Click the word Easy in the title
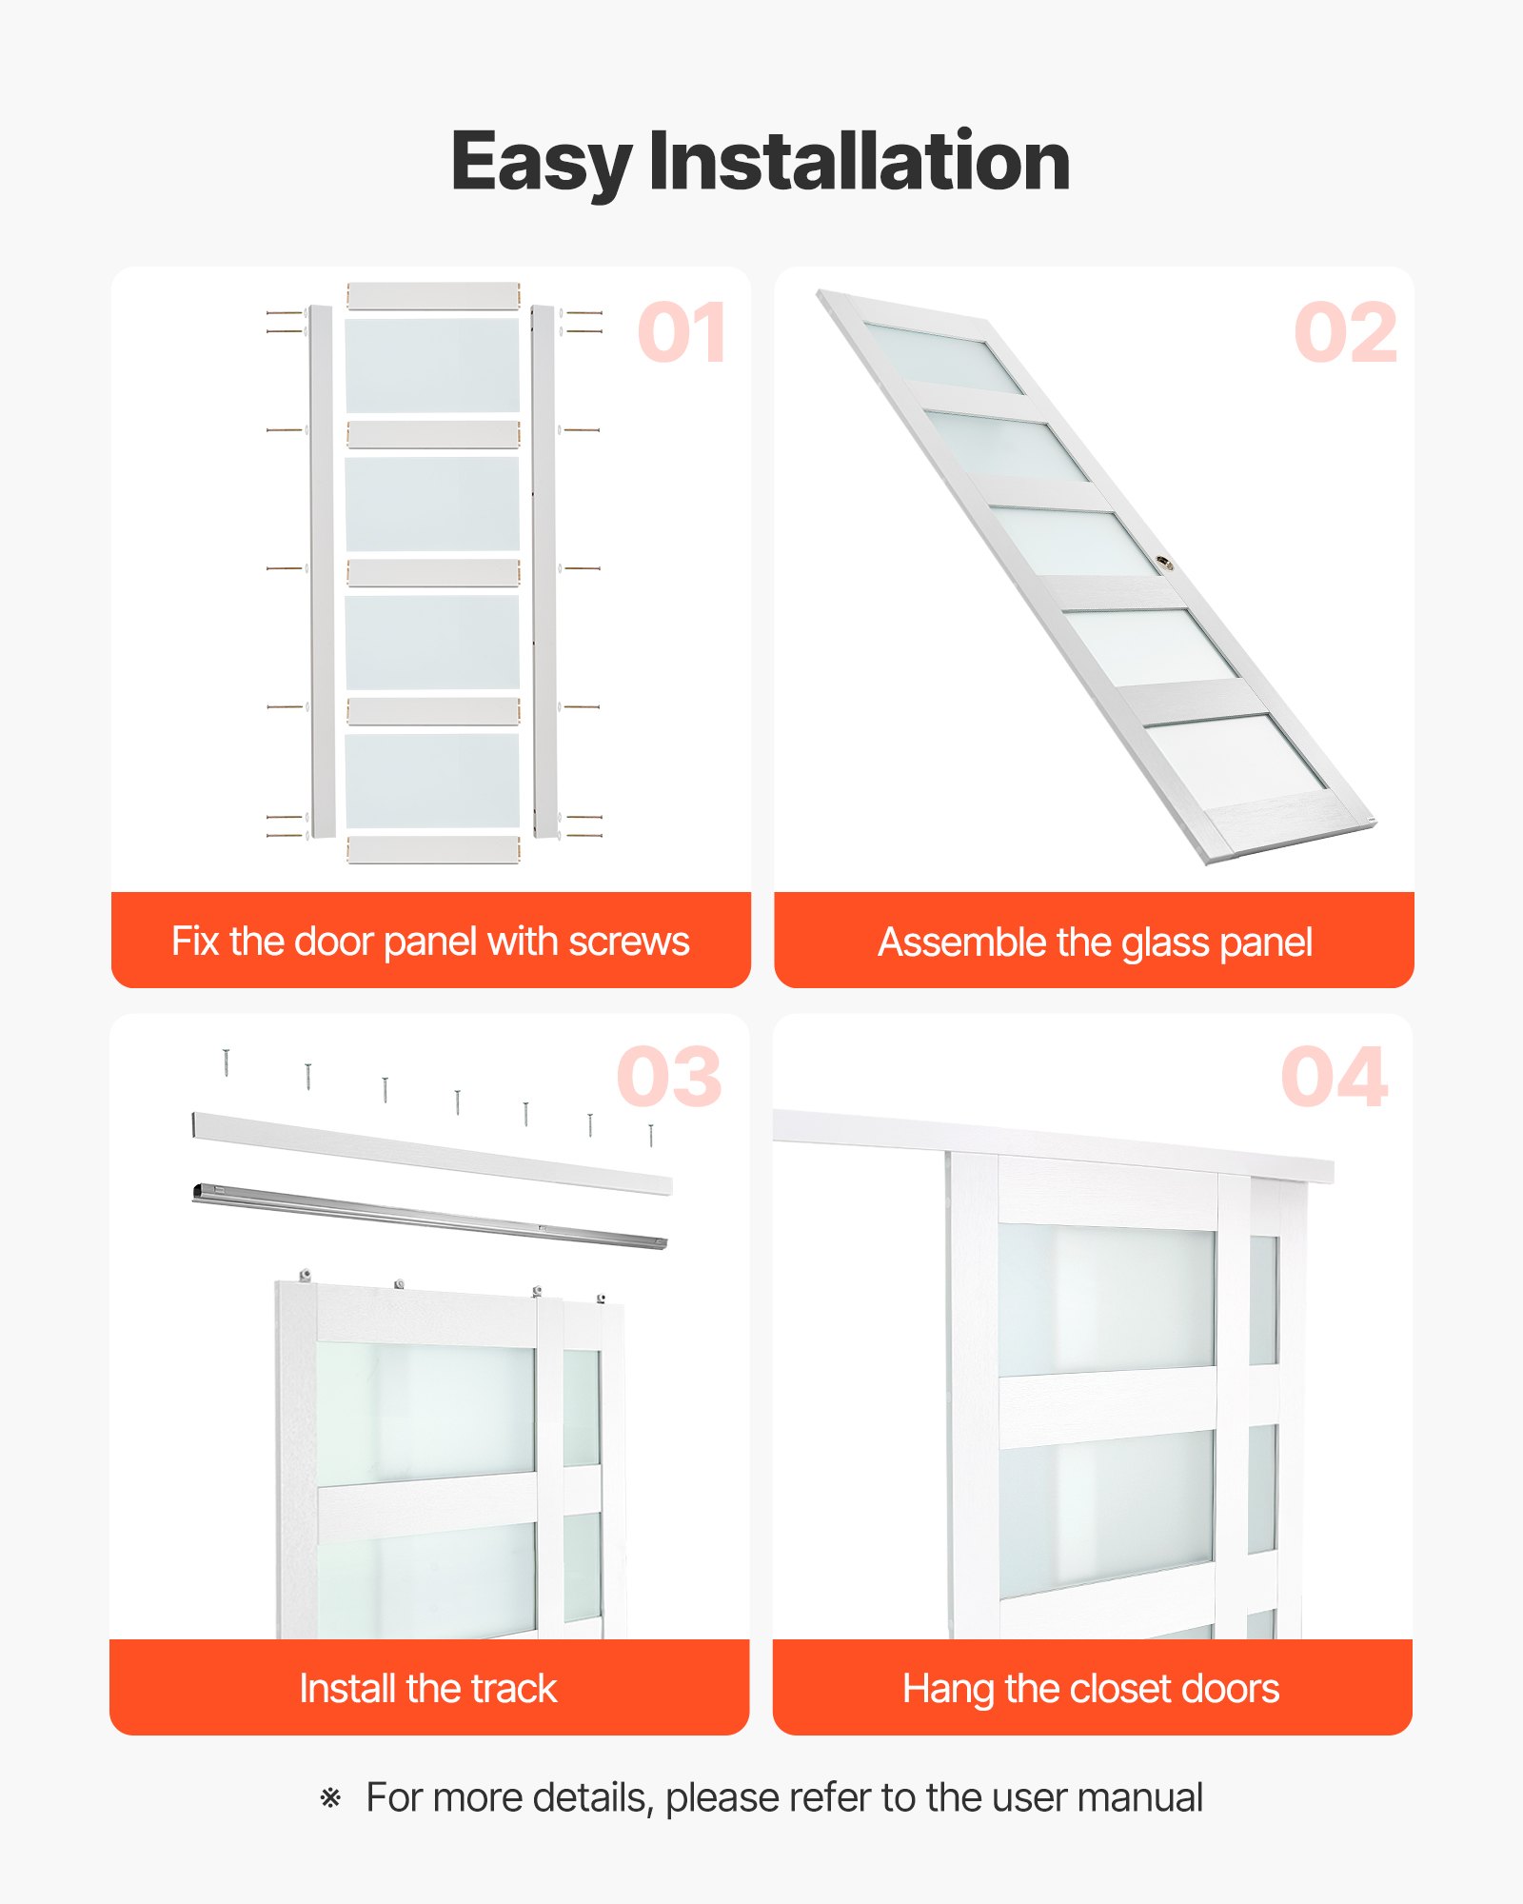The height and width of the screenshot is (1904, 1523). (x=541, y=162)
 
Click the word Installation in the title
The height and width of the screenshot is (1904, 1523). (x=860, y=162)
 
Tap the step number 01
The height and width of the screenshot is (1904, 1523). (x=682, y=333)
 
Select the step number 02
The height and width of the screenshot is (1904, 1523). (x=1346, y=333)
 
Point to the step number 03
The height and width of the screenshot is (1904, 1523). (x=669, y=1077)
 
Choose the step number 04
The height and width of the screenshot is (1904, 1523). (x=1334, y=1077)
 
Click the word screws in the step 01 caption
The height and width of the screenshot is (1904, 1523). (x=629, y=942)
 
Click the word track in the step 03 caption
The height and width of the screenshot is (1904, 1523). (x=514, y=1689)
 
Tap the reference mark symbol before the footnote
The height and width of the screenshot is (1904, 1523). (x=330, y=1798)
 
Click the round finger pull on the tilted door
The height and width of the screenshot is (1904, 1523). (x=1164, y=564)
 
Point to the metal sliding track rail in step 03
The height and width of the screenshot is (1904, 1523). (x=428, y=1215)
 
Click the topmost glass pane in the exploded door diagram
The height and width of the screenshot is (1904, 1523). (x=432, y=366)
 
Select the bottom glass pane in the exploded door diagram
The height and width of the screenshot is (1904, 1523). (x=432, y=781)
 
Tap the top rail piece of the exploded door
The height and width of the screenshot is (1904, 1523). (x=433, y=295)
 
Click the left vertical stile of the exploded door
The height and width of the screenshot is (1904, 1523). (x=322, y=571)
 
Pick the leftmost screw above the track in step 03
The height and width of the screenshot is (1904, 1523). (x=226, y=1061)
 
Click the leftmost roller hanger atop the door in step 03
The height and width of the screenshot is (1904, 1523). (x=305, y=1274)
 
